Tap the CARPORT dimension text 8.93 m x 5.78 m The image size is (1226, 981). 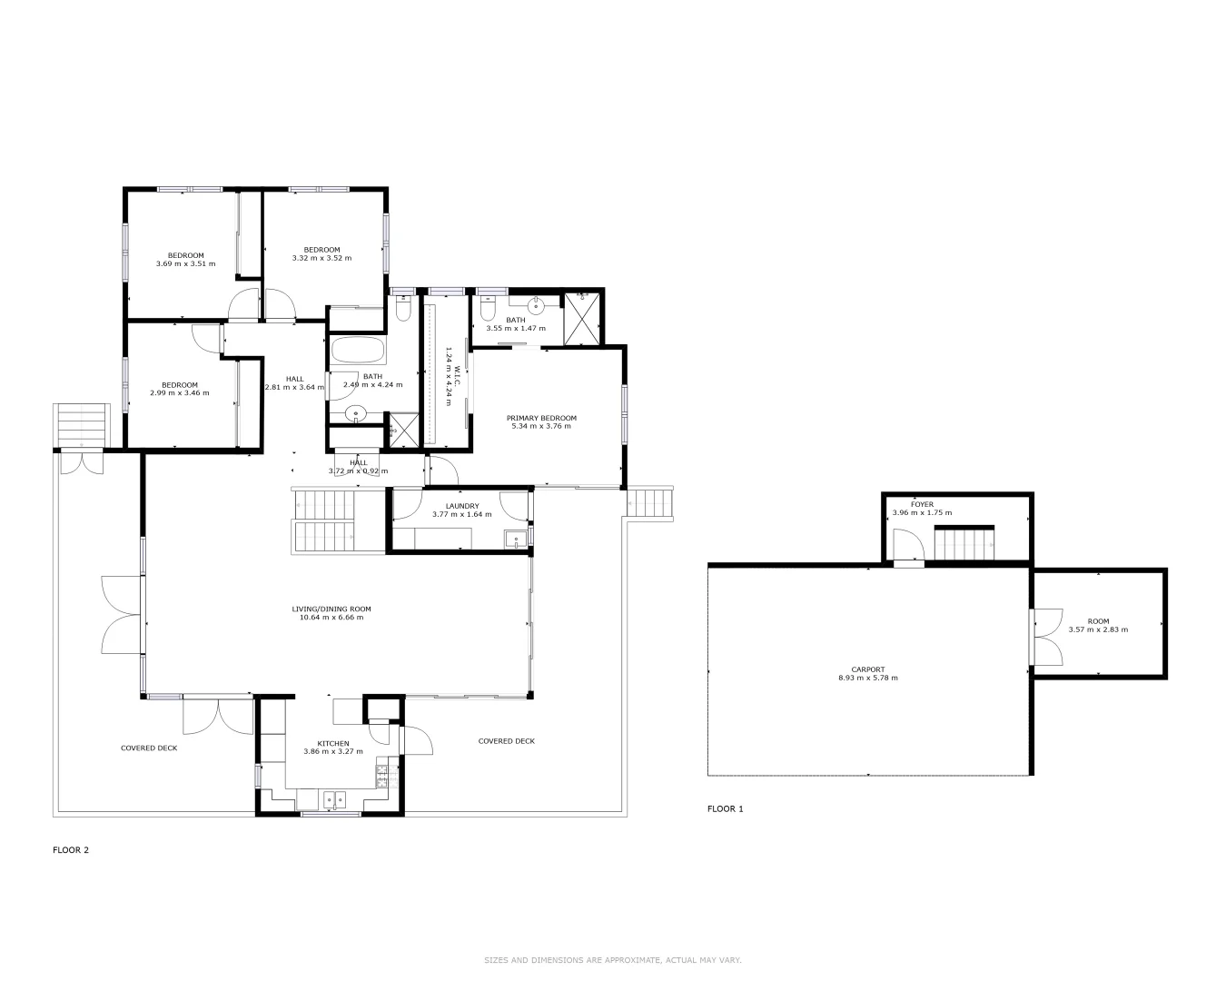coord(861,678)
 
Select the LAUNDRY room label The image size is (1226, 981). coord(461,506)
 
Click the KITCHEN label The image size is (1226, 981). coord(332,743)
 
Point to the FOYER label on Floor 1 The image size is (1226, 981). coord(922,504)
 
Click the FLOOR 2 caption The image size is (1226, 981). coord(71,850)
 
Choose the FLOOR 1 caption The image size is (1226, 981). coord(725,808)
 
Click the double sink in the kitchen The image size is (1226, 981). coord(334,800)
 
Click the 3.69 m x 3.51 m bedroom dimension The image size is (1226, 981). coord(185,264)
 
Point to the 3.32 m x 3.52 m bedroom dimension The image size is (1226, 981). coord(321,258)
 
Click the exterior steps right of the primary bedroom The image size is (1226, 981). coord(651,503)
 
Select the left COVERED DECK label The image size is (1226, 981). coord(149,748)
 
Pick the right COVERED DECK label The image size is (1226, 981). coord(506,741)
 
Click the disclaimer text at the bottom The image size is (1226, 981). coord(613,960)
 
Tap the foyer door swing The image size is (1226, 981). coord(908,548)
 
